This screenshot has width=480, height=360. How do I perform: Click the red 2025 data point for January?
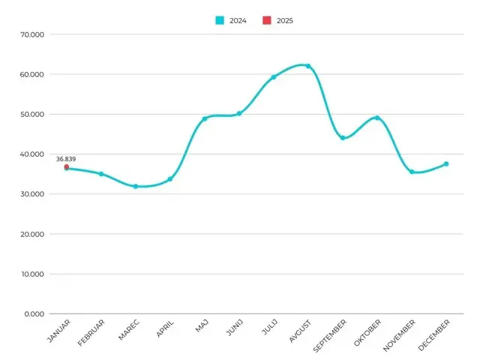(67, 166)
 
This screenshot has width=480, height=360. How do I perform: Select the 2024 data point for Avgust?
(308, 66)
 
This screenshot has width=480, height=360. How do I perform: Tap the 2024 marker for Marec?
(136, 186)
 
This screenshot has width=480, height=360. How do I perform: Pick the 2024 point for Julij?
(274, 77)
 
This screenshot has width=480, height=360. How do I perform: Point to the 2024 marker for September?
(343, 138)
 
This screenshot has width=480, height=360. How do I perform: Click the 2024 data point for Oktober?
(377, 118)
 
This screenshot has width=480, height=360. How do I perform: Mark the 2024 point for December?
(446, 164)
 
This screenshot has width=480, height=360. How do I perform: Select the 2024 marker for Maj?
(205, 118)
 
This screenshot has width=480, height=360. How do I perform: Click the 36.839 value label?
(66, 159)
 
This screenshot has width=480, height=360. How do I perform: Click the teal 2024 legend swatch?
(220, 20)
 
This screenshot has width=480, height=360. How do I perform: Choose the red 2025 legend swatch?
(267, 20)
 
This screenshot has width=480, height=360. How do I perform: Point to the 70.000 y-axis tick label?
(32, 34)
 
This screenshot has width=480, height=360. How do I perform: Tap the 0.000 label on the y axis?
(34, 314)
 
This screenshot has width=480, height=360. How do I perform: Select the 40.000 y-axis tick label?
(32, 154)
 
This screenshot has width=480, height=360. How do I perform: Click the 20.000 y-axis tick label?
(32, 234)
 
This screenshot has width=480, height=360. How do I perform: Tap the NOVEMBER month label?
(399, 335)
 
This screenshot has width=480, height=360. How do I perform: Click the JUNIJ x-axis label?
(235, 327)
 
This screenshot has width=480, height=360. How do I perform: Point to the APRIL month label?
(165, 328)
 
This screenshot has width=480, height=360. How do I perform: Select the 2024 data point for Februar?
(101, 174)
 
